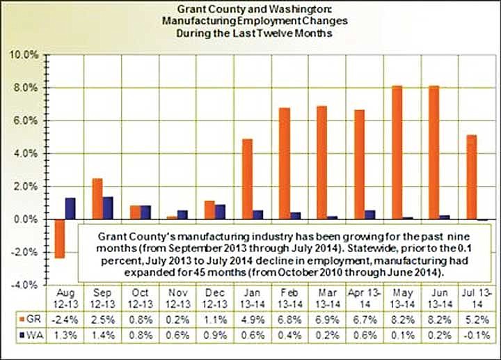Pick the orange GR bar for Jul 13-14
pos(472,176)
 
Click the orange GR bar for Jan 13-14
pos(247,179)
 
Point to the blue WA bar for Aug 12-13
pos(70,208)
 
